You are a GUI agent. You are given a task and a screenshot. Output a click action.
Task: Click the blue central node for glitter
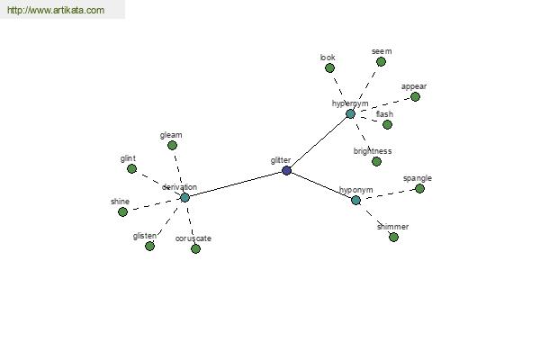pos(286,170)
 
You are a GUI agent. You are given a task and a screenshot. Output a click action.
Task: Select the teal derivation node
pos(184,198)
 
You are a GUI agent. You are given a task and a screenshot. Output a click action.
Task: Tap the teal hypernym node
pos(350,114)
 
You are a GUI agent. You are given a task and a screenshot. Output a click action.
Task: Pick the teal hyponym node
pos(355,200)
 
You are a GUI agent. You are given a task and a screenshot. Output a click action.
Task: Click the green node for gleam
pos(172,146)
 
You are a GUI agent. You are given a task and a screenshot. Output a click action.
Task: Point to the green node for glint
pos(131,169)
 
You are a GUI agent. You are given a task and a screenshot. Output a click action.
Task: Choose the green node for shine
pos(122,211)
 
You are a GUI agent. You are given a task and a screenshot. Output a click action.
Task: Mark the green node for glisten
pos(149,246)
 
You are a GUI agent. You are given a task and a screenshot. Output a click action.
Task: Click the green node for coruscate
pos(195,248)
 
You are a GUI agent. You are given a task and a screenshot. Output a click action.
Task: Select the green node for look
pos(329,67)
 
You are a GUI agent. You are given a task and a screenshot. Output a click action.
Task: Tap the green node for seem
pos(381,62)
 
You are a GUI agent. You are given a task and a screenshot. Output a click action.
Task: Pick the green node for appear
pos(415,97)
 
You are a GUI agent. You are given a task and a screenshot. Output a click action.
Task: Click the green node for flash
pos(387,124)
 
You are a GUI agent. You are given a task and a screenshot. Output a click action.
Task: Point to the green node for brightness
pos(376,162)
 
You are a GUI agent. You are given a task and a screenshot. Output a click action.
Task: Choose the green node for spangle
pos(419,188)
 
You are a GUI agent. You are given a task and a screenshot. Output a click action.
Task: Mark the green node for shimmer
pos(393,237)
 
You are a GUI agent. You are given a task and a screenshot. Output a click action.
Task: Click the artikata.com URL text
pos(56,10)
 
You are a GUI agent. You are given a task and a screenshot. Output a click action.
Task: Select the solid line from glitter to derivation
pos(236,184)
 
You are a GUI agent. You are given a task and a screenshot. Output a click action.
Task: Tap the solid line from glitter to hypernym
pos(319,142)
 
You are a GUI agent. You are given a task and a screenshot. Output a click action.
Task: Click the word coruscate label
pos(193,238)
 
